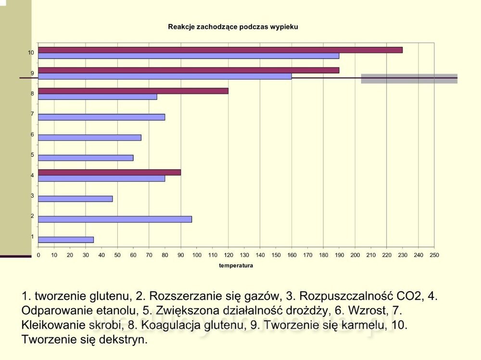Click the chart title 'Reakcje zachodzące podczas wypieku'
coord(233,27)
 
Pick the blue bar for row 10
coord(188,56)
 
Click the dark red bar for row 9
coord(188,70)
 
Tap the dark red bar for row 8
coord(133,91)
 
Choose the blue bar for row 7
coord(101,117)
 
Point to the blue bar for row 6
coord(89,138)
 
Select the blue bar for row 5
coord(86,158)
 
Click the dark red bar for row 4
coord(109,172)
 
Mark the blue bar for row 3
coord(75,199)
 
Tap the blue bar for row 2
coord(114,219)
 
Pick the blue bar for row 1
coord(66,240)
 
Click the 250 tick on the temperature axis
coord(434,255)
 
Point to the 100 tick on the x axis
coord(197,255)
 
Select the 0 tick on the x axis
coord(38,255)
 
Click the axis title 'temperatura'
coord(236,266)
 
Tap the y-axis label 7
coord(32,114)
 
